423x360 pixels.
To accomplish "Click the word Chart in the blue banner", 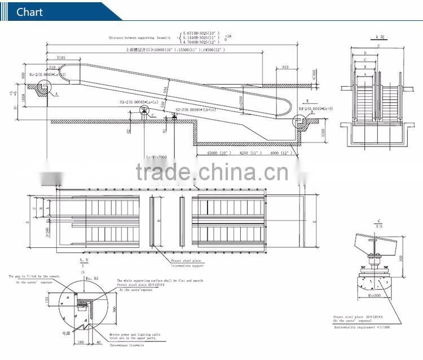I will point(29,12).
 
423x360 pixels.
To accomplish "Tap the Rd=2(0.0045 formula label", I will point(316,108).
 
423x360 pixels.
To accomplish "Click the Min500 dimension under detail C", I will point(373,295).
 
